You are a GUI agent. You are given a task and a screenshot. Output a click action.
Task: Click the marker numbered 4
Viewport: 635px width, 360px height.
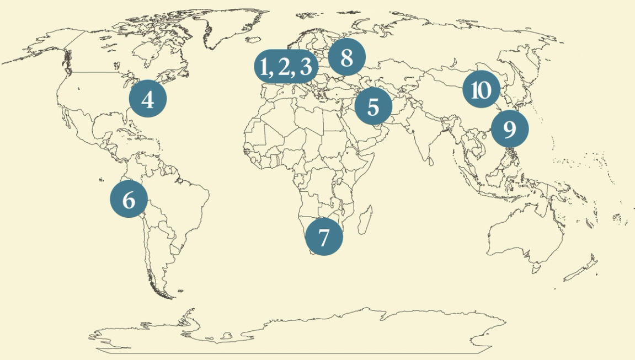pos(147,99)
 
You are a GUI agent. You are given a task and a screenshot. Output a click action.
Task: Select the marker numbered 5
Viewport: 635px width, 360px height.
pos(373,106)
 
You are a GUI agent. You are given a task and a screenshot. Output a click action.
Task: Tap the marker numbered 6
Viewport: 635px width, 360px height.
pos(129,199)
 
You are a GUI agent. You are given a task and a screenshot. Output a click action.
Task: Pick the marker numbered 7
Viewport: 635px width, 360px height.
pos(324,237)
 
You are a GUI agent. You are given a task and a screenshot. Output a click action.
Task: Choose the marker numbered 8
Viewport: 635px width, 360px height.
pos(346,57)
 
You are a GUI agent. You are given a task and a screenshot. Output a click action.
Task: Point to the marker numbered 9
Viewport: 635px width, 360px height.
pos(510,129)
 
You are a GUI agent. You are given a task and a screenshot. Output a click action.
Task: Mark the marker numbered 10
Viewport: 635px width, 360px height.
pos(481,89)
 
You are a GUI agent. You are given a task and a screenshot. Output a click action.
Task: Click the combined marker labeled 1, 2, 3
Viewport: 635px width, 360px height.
pos(286,67)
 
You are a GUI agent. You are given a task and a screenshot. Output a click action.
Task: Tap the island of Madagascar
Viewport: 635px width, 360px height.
pos(364,218)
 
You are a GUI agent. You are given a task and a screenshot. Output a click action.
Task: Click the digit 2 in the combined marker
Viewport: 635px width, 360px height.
pos(284,67)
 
